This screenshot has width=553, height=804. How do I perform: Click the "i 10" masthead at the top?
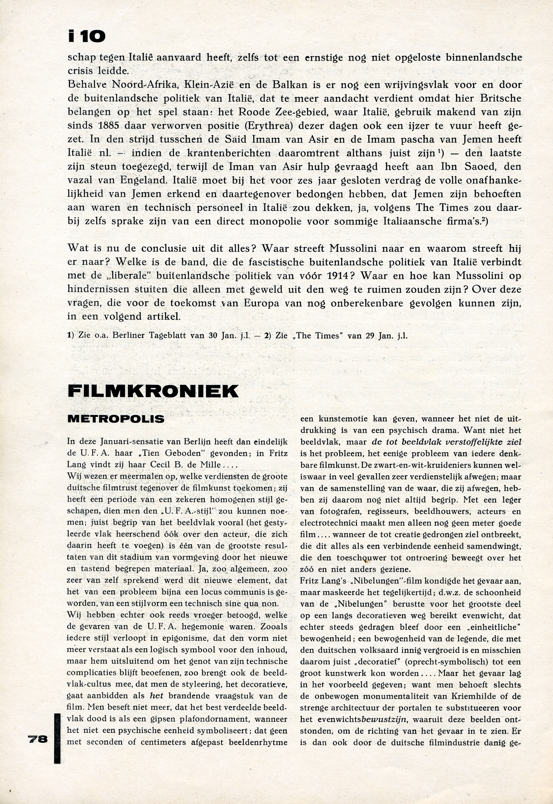87,36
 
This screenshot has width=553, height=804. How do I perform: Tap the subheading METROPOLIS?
116,419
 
